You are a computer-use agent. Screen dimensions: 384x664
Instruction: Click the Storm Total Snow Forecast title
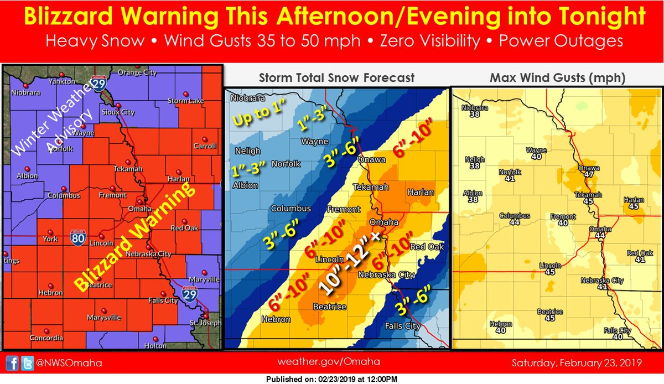pos(336,78)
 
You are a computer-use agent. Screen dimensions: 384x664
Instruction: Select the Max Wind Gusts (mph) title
pos(557,78)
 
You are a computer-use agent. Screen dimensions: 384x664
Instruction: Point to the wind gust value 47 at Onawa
pos(589,174)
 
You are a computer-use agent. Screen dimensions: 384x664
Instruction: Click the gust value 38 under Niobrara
pos(474,116)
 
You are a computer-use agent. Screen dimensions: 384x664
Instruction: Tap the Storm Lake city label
pos(186,101)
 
